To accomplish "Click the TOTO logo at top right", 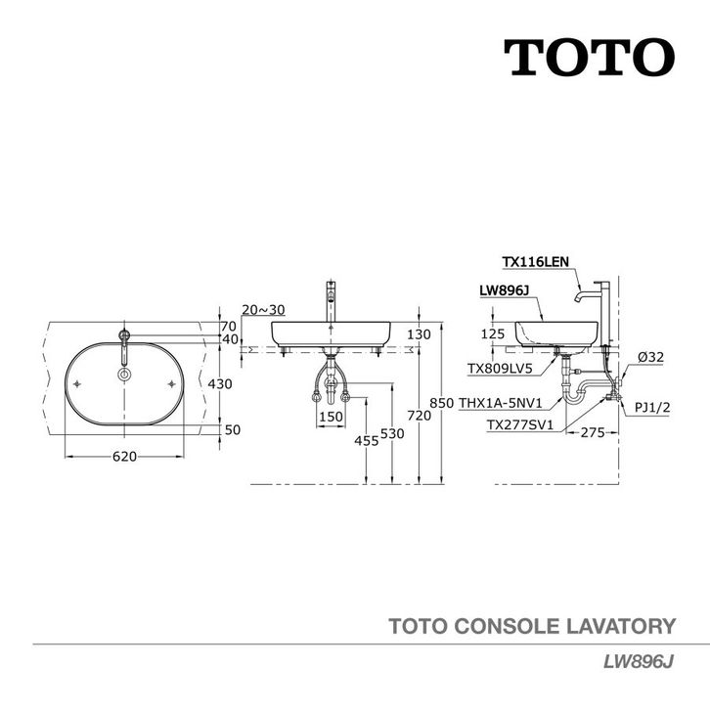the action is [589, 58].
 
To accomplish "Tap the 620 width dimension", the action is [124, 457].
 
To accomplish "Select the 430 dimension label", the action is [220, 384].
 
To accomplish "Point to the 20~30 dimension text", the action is [263, 310].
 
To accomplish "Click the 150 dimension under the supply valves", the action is [331, 417].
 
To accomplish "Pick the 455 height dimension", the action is [367, 440].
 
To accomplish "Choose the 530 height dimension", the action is [392, 434].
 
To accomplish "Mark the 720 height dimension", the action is [419, 415].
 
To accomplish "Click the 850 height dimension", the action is [441, 403].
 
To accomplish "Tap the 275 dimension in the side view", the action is [593, 433].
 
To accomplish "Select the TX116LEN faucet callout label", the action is [535, 262].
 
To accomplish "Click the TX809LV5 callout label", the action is [500, 369].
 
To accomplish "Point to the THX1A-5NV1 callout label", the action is [501, 403].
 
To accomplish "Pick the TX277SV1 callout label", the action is [520, 425].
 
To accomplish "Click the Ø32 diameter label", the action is [650, 357].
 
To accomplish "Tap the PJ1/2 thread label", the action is [652, 408].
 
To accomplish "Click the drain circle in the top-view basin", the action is [124, 375].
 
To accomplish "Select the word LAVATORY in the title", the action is [621, 626].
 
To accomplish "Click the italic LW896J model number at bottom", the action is [639, 662].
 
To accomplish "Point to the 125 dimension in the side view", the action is [493, 334].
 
